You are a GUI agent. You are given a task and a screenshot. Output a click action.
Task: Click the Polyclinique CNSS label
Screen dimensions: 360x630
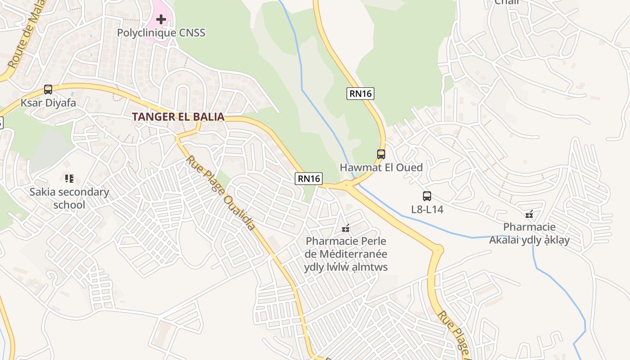[x=161, y=33]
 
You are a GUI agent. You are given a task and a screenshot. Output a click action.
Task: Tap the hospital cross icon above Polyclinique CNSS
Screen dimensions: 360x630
[x=161, y=19]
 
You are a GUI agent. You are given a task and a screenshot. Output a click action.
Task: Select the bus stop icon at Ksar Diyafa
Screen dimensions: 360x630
[x=48, y=90]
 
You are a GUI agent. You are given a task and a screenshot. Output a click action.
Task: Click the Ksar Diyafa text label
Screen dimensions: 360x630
[x=48, y=103]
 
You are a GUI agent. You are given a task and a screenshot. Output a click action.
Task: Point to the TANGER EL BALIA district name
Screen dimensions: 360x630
[x=178, y=117]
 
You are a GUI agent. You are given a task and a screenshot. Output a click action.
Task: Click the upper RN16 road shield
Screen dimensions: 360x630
[x=360, y=94]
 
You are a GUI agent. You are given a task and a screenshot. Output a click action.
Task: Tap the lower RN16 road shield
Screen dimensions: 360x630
[x=309, y=179]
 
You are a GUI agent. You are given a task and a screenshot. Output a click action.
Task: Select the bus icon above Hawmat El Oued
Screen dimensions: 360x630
[x=381, y=154]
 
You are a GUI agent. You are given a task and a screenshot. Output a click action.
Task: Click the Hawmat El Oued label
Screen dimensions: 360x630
[x=381, y=168]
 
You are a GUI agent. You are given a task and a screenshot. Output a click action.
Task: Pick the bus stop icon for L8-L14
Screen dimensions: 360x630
[x=427, y=196]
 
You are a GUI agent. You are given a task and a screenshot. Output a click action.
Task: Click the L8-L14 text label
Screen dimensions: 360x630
[x=427, y=210]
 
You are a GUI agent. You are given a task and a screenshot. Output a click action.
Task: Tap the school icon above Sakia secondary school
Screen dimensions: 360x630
[x=69, y=179]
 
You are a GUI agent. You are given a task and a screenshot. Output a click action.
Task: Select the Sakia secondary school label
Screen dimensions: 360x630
[x=69, y=198]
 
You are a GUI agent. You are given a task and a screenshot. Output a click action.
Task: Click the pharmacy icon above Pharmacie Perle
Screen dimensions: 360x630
[x=346, y=229]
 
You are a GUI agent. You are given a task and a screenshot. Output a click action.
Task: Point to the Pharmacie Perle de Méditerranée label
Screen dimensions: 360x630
[x=346, y=254]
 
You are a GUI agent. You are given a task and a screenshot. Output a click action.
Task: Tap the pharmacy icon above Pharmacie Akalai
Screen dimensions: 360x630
[x=529, y=214]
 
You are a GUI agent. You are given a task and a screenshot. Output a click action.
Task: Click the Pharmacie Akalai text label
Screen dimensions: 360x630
[x=529, y=234]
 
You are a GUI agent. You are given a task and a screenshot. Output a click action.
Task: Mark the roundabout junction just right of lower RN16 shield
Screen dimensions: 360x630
[x=347, y=184]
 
